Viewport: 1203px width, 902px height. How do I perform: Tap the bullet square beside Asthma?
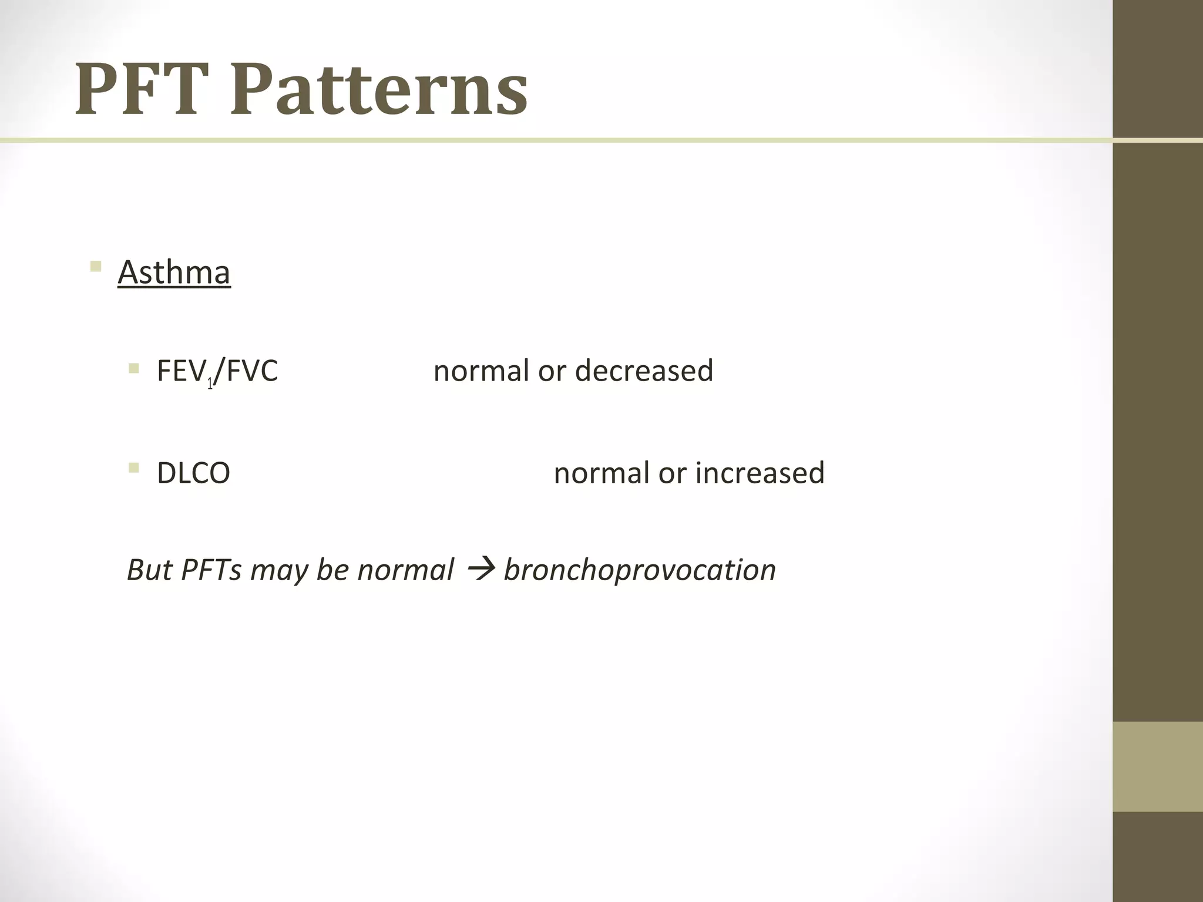pyautogui.click(x=96, y=267)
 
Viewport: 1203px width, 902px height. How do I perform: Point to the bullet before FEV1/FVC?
pyautogui.click(x=134, y=369)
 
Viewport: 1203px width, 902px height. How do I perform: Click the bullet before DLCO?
pyautogui.click(x=134, y=468)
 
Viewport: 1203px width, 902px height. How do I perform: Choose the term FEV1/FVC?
pyautogui.click(x=217, y=371)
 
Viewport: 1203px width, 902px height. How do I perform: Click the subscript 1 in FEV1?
pyautogui.click(x=210, y=385)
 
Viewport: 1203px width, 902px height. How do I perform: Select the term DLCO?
pyautogui.click(x=193, y=473)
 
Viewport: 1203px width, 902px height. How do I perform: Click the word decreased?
pyautogui.click(x=644, y=371)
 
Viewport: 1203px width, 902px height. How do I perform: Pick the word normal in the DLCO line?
pyautogui.click(x=602, y=473)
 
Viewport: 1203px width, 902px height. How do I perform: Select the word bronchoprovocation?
pyautogui.click(x=640, y=570)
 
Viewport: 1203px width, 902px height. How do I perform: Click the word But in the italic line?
pyautogui.click(x=149, y=570)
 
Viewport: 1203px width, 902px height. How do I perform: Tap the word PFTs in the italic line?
pyautogui.click(x=211, y=570)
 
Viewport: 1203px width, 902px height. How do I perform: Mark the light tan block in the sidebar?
pyautogui.click(x=1157, y=766)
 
